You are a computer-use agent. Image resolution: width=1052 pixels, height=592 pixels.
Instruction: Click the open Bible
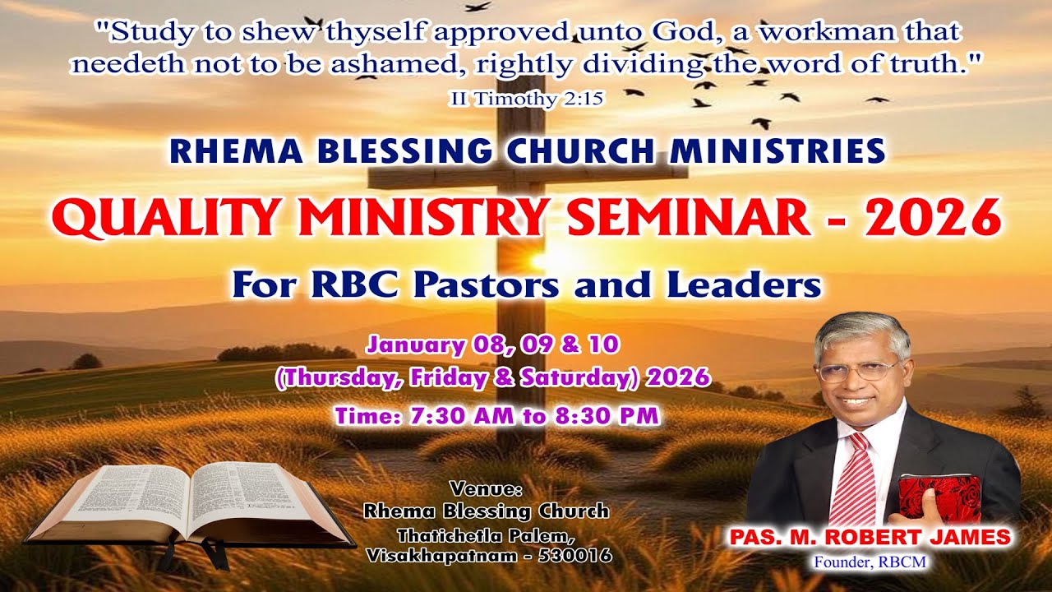click(189, 503)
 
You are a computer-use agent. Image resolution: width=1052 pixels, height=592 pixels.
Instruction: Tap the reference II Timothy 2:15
click(526, 99)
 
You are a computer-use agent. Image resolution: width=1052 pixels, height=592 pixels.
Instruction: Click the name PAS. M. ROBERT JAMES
click(870, 538)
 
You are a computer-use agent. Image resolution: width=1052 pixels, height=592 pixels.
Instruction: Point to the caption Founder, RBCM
click(870, 562)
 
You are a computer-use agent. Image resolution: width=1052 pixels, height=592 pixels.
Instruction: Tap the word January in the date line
click(408, 345)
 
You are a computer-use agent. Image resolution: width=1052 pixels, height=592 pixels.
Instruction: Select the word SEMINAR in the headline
click(688, 219)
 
